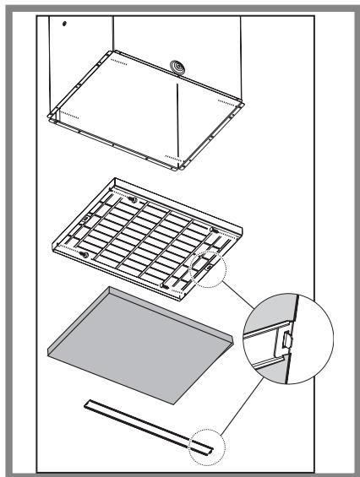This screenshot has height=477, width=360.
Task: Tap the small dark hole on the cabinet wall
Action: (x=64, y=23)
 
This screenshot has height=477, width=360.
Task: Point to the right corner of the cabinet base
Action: (x=246, y=103)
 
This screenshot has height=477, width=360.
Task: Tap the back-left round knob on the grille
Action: (x=132, y=198)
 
